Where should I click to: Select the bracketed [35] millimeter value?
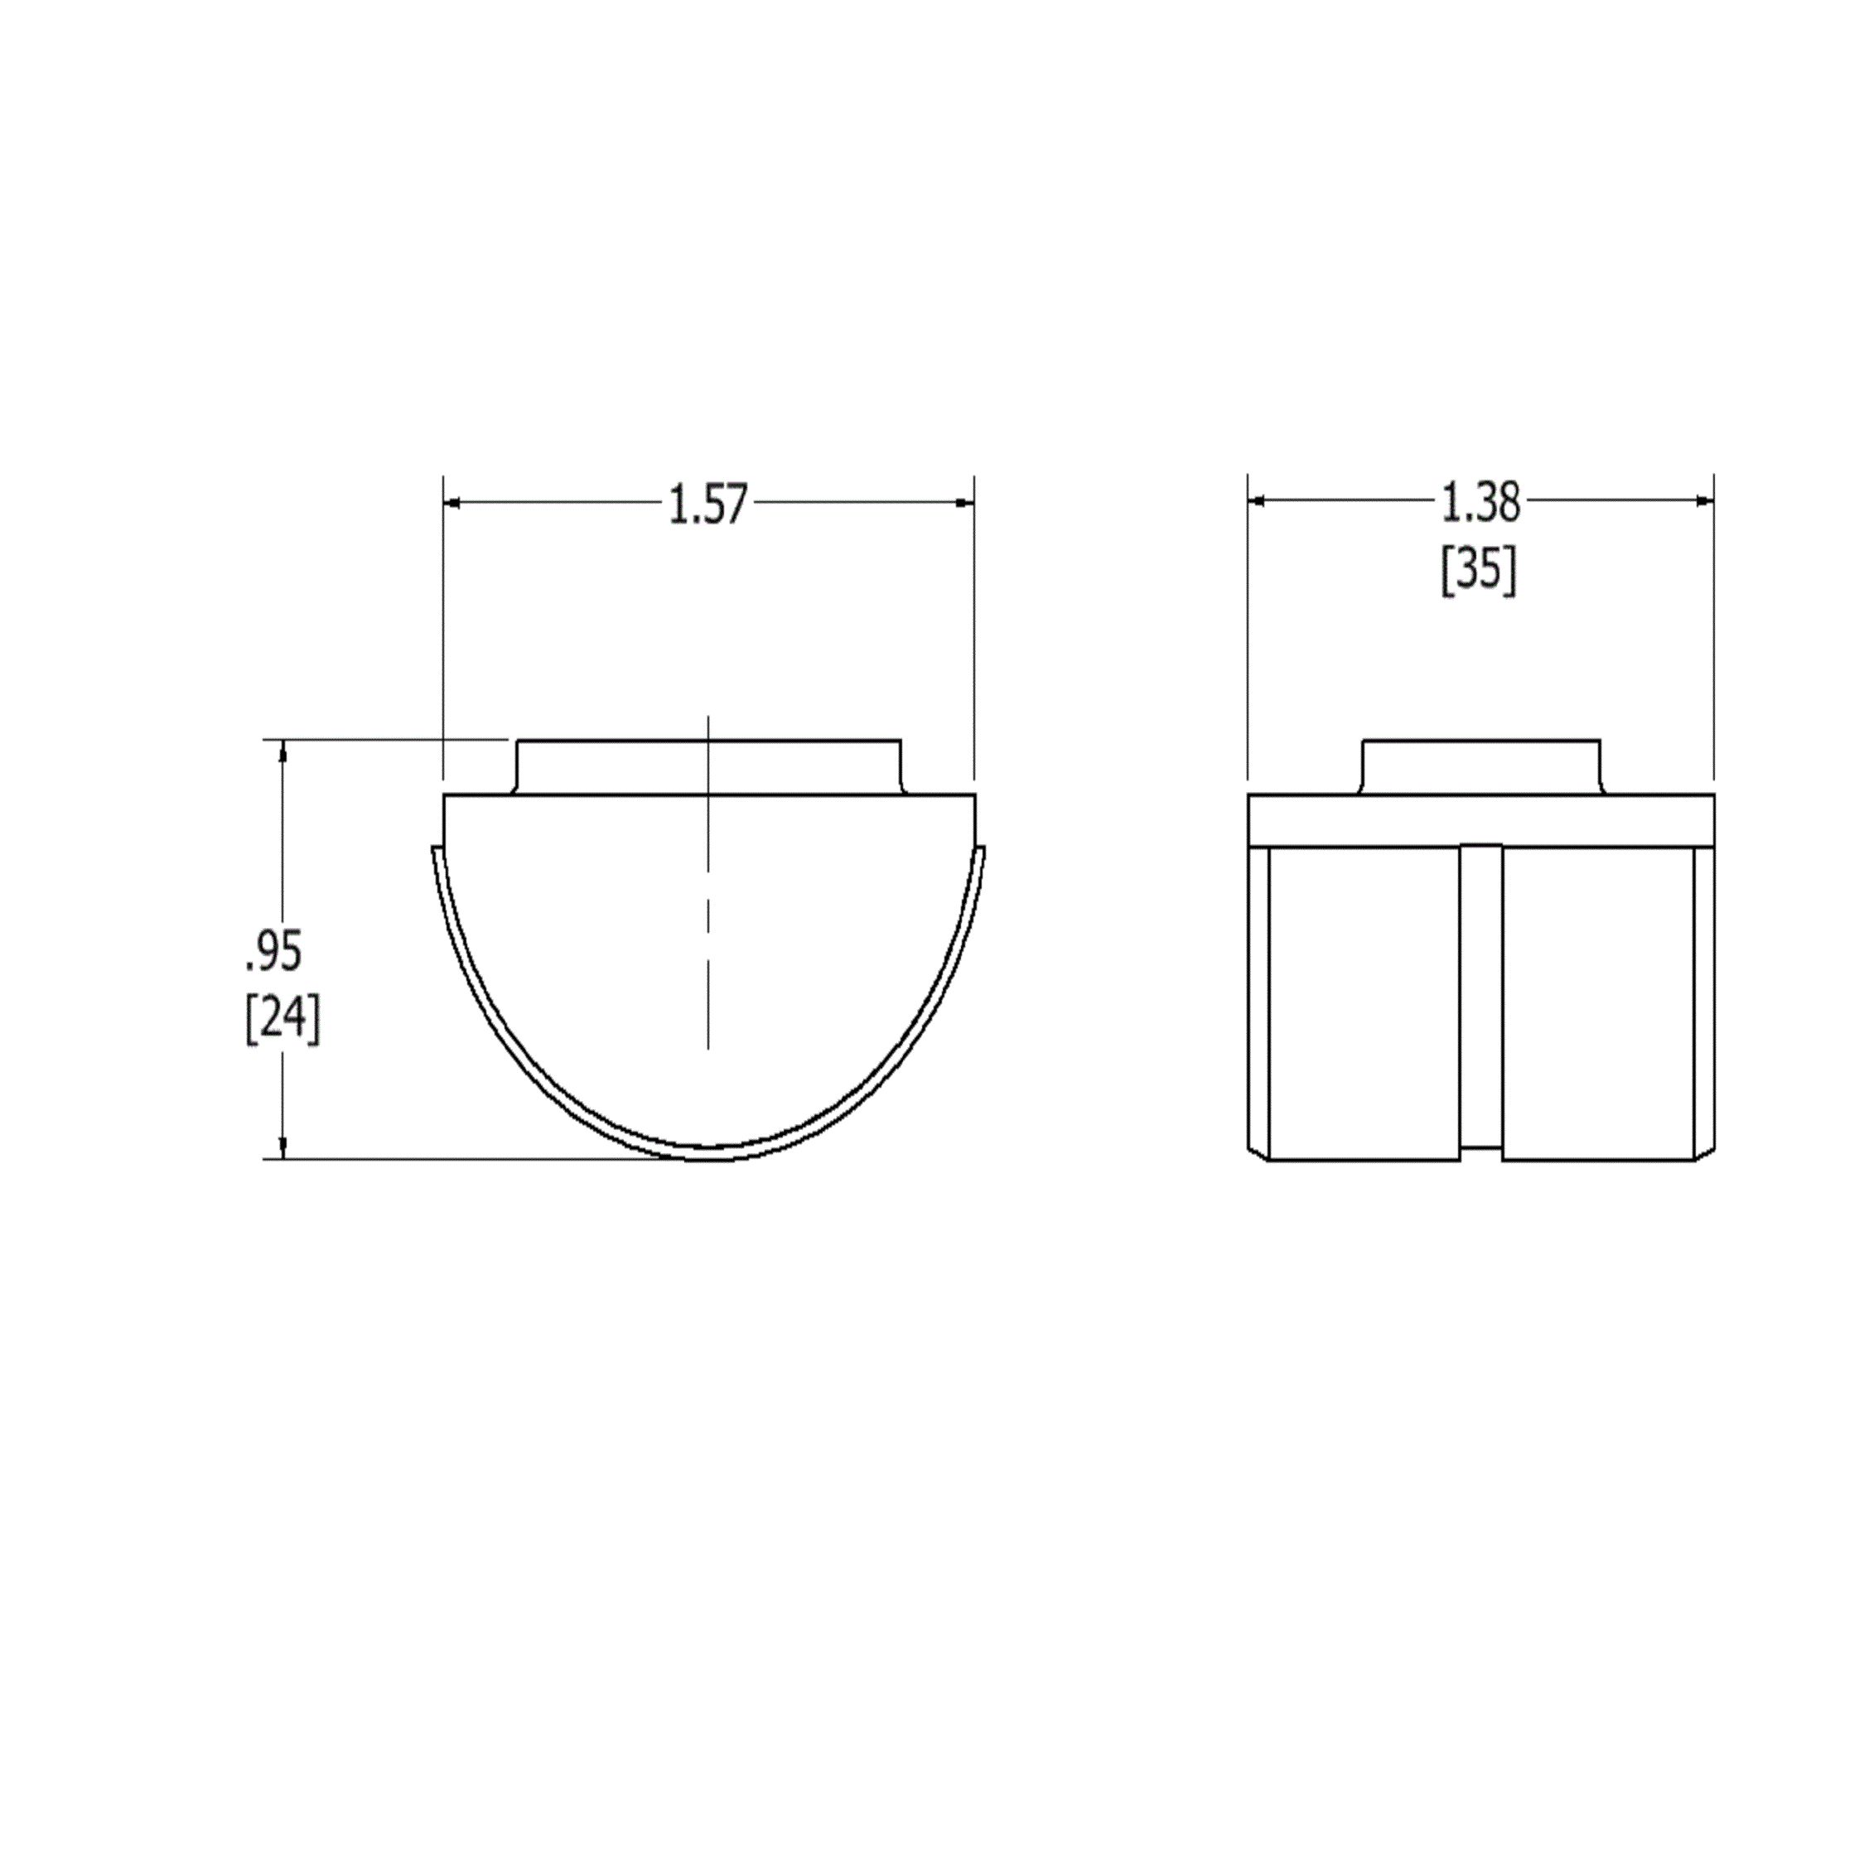coord(1478,571)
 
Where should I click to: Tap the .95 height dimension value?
coord(274,951)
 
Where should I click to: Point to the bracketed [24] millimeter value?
coord(282,1019)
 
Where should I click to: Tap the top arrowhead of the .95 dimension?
coord(282,750)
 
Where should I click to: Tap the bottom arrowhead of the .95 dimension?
coord(282,1148)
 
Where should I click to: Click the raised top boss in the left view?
coord(708,767)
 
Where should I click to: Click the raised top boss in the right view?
coord(1480,767)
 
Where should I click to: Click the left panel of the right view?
coord(1362,1003)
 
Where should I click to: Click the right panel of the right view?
coord(1598,1003)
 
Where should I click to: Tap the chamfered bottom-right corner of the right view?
coord(1706,1152)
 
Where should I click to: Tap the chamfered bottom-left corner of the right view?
coord(1256,1152)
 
